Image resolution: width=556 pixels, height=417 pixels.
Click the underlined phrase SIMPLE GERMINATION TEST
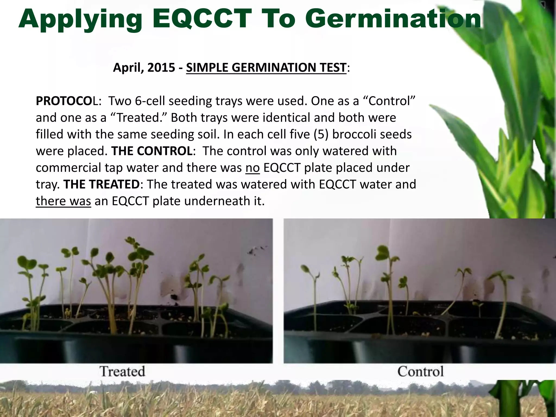point(266,68)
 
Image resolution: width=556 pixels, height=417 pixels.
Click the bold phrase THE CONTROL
point(152,151)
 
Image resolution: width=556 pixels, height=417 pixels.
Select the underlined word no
point(252,168)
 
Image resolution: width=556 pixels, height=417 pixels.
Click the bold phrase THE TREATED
point(101,185)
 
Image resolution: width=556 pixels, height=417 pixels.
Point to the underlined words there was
point(63,201)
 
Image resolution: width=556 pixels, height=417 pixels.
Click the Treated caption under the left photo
point(122,371)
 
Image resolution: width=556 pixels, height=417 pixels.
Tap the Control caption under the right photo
point(421,371)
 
